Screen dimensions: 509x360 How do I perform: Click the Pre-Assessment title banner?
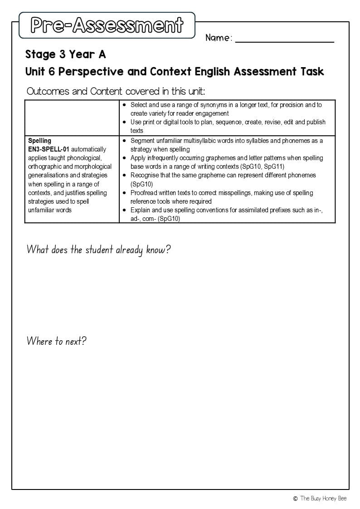coord(107,25)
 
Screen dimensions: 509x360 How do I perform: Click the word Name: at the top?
coord(219,38)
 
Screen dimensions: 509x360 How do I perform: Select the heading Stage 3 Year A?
coord(65,54)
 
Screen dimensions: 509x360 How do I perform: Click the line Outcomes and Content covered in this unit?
coord(116,91)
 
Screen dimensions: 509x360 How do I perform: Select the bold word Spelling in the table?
coord(39,141)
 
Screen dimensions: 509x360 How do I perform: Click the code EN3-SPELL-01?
coord(49,149)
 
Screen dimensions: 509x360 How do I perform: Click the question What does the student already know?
coord(98,250)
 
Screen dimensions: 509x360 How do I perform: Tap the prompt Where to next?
coord(56,341)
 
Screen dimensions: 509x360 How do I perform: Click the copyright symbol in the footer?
coord(295,499)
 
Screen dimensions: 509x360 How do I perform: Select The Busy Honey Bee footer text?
coord(323,499)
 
